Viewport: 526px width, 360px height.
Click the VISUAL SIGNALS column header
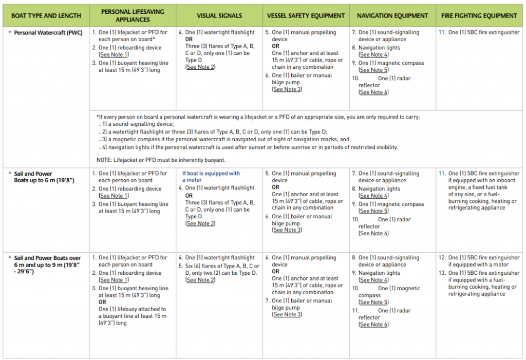(x=219, y=16)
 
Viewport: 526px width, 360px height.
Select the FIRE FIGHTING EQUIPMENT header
(x=479, y=16)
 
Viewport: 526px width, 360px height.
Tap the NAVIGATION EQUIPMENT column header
(x=392, y=16)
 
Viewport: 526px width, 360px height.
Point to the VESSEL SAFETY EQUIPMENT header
(x=306, y=16)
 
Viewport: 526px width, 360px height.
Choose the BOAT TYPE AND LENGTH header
(x=46, y=16)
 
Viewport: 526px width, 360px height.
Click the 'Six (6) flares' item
(x=222, y=270)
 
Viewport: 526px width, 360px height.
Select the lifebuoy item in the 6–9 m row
(x=132, y=316)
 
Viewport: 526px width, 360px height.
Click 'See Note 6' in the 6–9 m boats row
(x=373, y=325)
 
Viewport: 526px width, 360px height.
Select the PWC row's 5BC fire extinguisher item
(x=482, y=32)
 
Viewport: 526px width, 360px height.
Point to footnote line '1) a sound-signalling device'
(x=137, y=124)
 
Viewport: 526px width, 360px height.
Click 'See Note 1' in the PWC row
(x=114, y=54)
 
